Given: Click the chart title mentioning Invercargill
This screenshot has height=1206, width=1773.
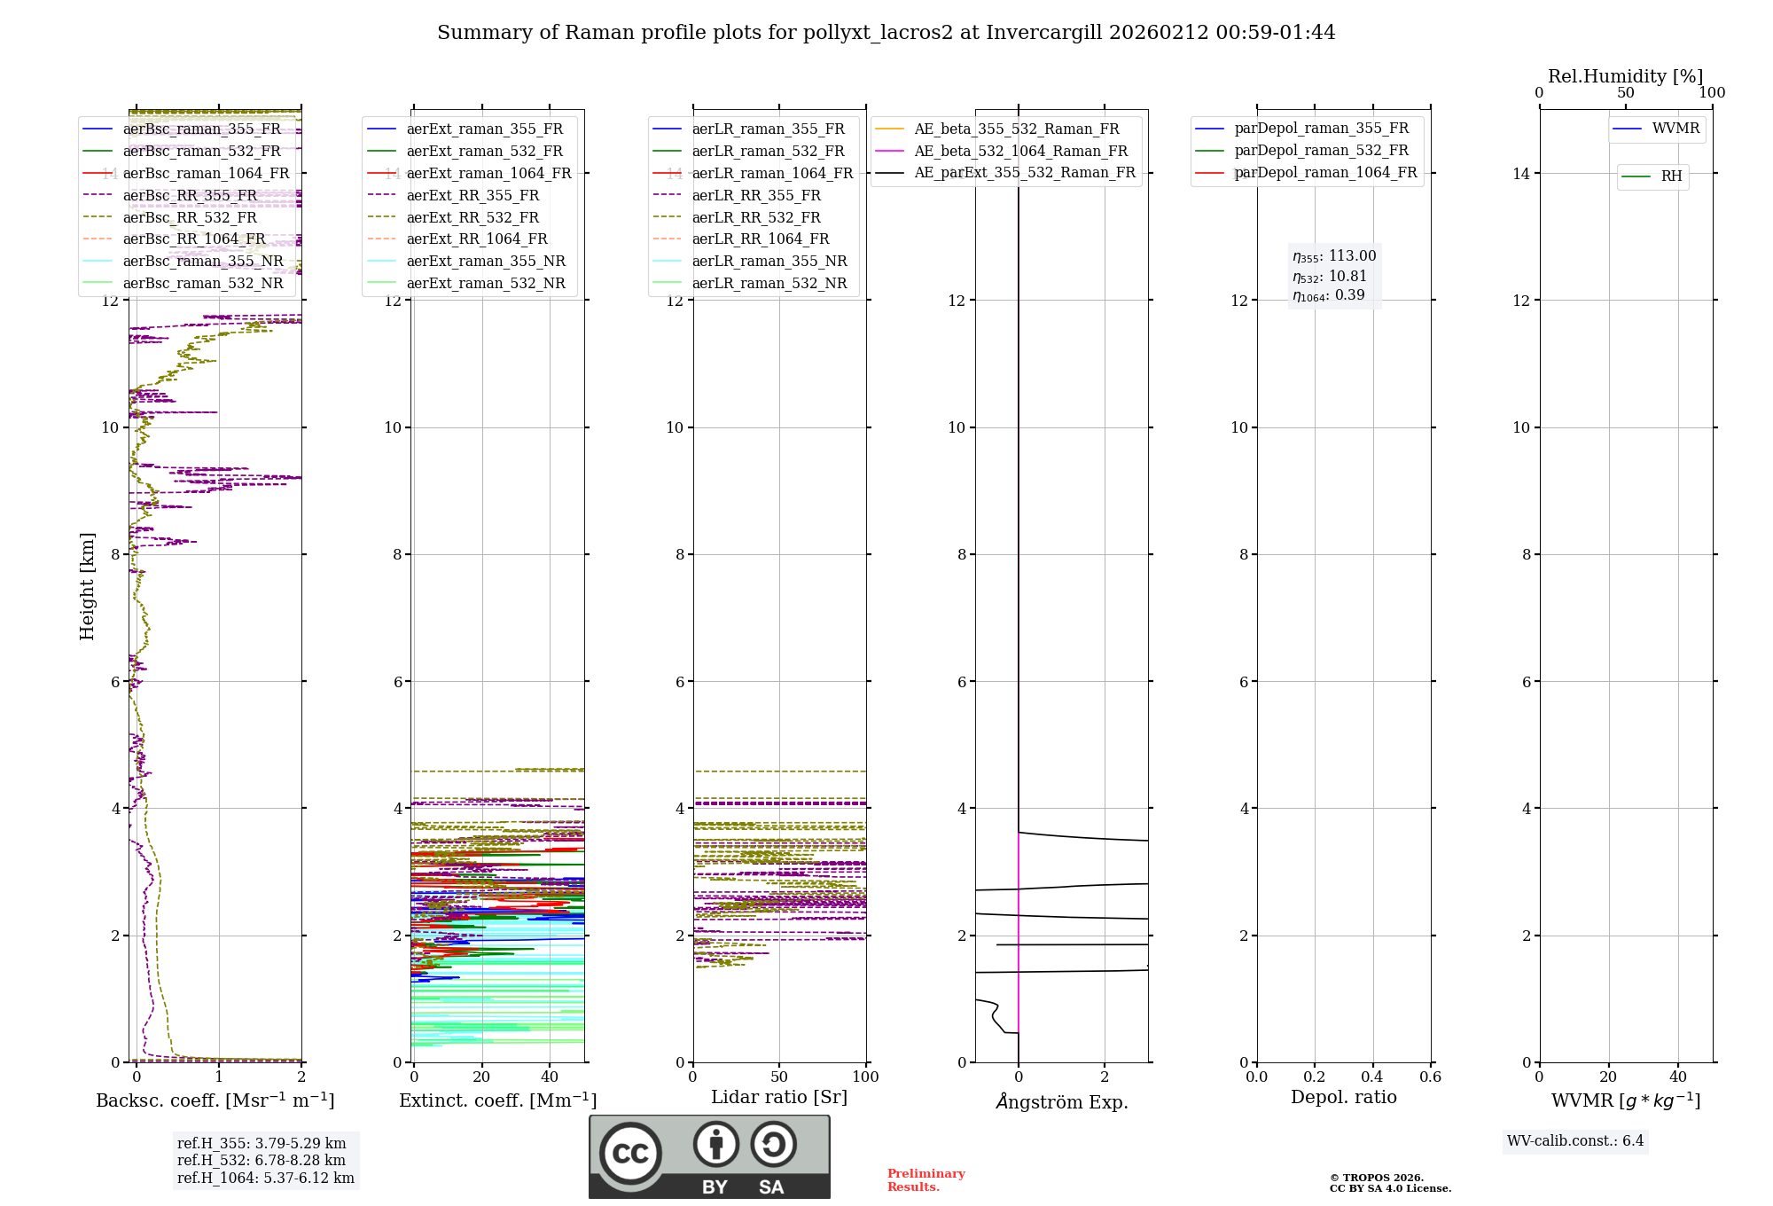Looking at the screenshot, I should [886, 33].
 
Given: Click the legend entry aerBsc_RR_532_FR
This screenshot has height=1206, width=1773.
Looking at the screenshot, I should [190, 217].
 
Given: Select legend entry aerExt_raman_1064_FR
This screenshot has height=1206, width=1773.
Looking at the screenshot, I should [488, 174].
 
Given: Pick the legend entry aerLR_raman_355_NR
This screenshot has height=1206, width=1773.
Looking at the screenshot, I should [769, 262].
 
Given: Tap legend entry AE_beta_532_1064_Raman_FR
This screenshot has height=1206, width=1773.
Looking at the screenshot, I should [1020, 152].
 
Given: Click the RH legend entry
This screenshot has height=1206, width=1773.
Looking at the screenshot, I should [1671, 176].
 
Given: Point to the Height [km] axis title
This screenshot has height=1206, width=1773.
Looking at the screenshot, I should [87, 586].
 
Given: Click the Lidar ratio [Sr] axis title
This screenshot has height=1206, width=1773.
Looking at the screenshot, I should [779, 1097].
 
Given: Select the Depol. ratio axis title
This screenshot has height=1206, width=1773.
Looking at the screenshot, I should [1343, 1097].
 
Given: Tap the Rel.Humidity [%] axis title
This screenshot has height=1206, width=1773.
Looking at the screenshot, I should [1625, 76].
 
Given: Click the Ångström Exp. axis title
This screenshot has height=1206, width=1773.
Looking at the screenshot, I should [1061, 1101].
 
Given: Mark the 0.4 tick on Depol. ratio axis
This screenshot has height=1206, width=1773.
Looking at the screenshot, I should [1372, 1077].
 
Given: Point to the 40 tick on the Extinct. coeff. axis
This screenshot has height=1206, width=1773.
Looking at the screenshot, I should [550, 1077].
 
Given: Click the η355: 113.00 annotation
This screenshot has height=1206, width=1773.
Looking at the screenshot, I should [1334, 256].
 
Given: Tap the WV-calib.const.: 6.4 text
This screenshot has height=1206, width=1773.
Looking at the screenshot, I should [1575, 1141].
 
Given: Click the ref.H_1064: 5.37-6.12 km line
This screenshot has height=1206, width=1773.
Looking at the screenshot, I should [266, 1179].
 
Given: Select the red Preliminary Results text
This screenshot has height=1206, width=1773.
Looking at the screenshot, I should [926, 1180].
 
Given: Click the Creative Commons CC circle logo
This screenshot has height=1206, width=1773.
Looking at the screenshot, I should [630, 1154].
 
